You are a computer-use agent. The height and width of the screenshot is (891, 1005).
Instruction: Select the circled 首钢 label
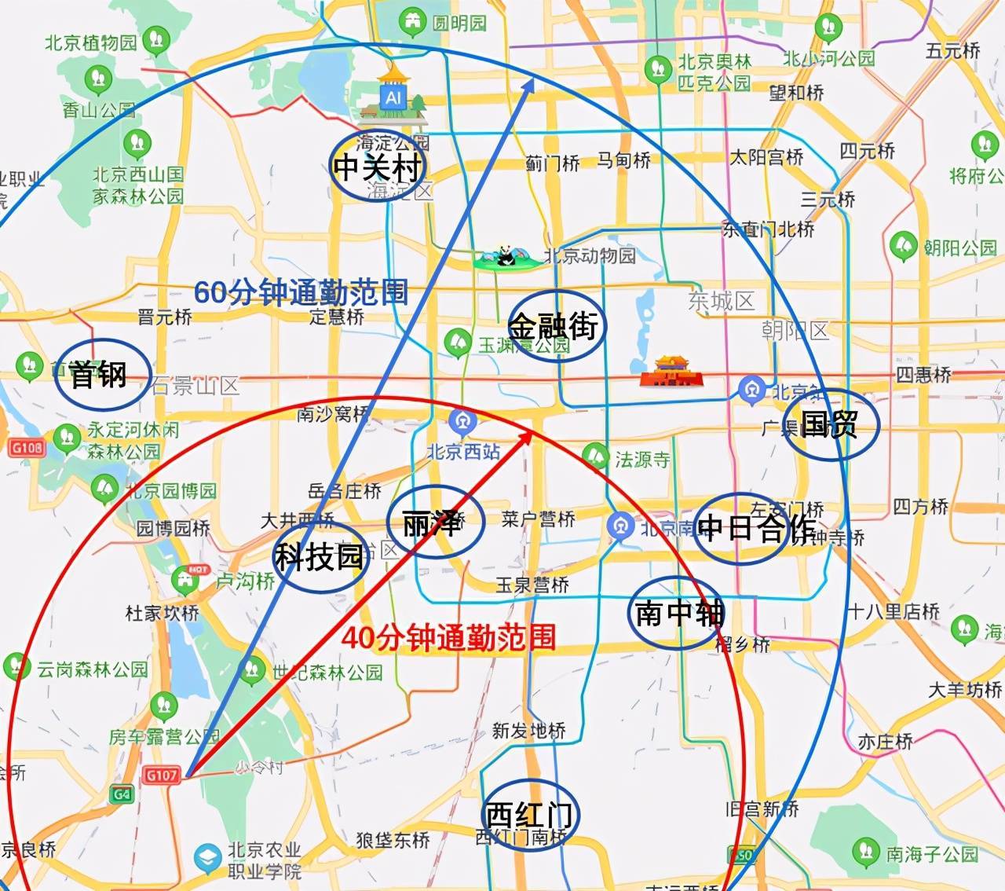click(x=99, y=374)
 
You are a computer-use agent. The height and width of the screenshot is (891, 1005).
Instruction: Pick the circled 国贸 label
click(x=829, y=424)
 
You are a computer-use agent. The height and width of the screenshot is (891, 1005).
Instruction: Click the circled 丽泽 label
click(x=433, y=522)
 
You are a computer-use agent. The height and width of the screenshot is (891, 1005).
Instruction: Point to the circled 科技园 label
click(x=319, y=557)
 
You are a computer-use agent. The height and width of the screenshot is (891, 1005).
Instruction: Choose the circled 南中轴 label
click(x=678, y=612)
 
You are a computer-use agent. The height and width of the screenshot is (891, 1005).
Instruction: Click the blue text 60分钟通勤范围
click(x=301, y=292)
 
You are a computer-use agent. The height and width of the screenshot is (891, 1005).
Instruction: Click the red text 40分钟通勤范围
click(x=448, y=637)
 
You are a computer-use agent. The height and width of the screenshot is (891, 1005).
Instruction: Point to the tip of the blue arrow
click(x=534, y=79)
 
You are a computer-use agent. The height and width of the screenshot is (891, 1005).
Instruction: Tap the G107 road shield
click(x=161, y=775)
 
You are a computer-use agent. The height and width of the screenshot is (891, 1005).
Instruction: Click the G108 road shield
click(x=27, y=448)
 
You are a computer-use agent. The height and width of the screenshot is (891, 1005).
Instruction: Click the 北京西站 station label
click(x=463, y=451)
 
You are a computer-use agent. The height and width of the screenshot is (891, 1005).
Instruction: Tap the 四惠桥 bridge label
click(x=923, y=374)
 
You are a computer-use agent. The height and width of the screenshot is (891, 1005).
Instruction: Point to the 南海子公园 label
click(x=932, y=854)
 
